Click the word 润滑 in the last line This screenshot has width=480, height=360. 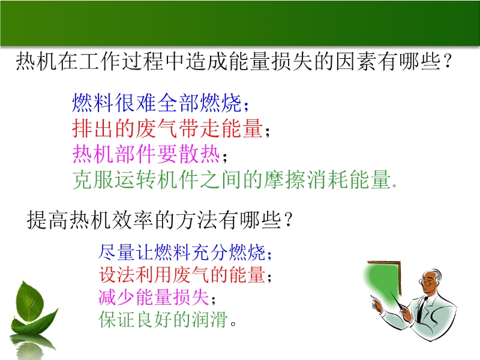click(x=210, y=319)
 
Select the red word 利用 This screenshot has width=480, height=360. click(x=154, y=275)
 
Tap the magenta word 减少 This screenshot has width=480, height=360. click(x=116, y=297)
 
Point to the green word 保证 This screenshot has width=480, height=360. click(x=116, y=319)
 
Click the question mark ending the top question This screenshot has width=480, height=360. click(x=447, y=62)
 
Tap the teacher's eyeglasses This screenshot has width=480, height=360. click(x=427, y=282)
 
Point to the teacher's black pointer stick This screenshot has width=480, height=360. click(x=398, y=301)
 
